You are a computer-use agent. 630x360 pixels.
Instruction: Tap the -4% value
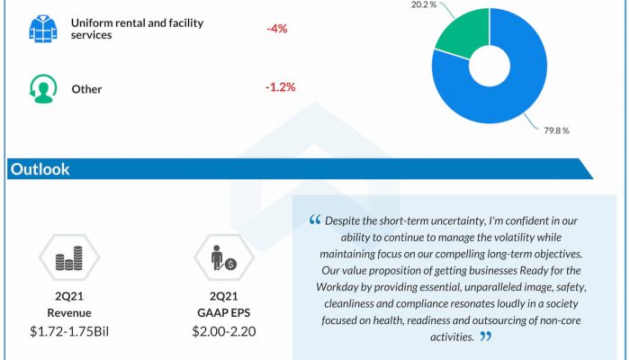coord(276,28)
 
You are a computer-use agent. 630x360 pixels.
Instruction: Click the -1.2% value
coord(281,87)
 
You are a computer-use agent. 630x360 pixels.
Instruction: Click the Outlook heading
coord(40,169)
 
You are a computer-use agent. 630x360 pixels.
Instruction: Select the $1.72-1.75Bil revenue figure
coord(69,330)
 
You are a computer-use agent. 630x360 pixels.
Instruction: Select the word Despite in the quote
coord(345,220)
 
